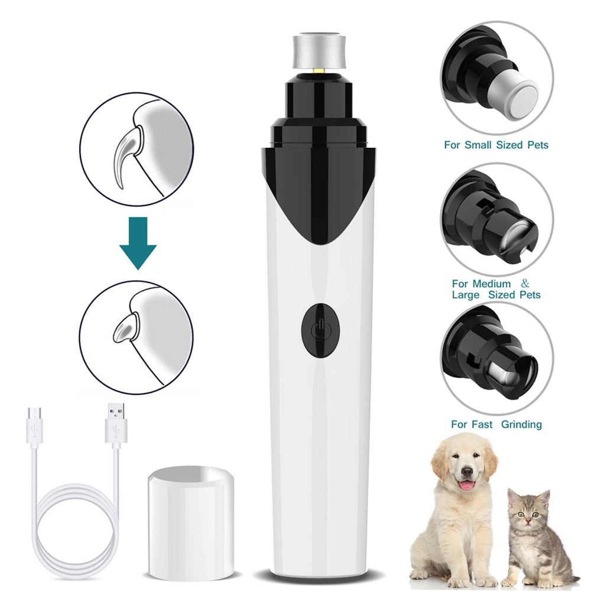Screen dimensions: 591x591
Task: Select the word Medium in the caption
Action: pos(490,284)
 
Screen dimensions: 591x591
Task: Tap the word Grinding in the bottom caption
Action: pos(521,424)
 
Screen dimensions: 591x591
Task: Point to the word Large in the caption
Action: pos(466,294)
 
